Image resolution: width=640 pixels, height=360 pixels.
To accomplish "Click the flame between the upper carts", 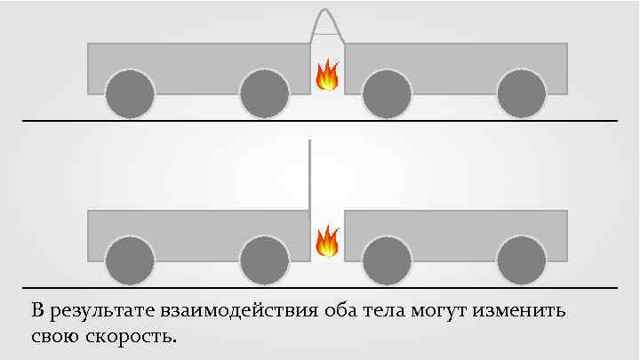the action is [327, 76].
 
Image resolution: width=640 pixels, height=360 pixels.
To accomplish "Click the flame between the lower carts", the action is [327, 241].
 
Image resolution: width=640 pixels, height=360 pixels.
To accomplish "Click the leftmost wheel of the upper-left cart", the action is [130, 93].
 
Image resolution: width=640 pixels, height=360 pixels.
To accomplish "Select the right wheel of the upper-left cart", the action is [264, 93].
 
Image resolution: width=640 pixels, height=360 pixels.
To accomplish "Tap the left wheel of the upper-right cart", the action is [388, 93].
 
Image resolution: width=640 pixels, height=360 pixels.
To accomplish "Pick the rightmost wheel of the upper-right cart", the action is [522, 93].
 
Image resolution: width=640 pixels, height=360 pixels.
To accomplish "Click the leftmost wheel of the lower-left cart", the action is [130, 260].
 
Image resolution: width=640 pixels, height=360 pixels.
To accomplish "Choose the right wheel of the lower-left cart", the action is [264, 260].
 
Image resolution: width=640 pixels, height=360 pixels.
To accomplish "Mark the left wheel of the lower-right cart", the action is [388, 260].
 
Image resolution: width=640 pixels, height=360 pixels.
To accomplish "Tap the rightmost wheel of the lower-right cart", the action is [522, 260].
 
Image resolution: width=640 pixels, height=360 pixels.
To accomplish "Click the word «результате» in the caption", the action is [104, 312].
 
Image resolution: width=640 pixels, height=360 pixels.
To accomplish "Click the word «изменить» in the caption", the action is [525, 312].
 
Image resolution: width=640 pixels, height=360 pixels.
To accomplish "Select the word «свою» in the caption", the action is [56, 338].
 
